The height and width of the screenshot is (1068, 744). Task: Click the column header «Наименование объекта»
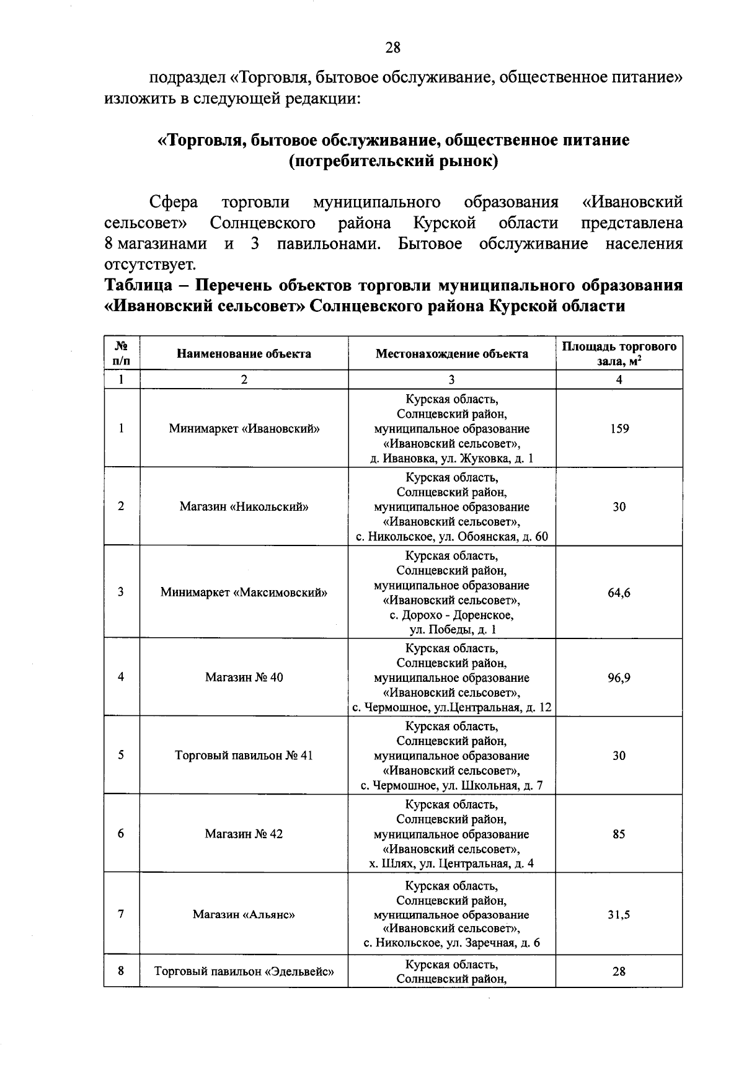point(244,354)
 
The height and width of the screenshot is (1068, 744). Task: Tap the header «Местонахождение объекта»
point(452,354)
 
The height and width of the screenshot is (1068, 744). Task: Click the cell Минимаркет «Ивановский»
point(244,428)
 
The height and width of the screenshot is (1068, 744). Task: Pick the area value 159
point(619,428)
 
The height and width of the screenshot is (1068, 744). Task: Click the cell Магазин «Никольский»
point(244,506)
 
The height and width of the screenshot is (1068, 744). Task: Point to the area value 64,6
point(619,593)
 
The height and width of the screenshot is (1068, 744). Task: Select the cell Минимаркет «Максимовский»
point(244,593)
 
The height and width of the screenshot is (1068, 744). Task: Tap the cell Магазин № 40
point(244,677)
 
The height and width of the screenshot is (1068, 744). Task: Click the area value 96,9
point(619,677)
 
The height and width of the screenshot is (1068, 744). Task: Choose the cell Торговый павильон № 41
point(244,756)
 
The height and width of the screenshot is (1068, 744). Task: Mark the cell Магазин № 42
point(244,834)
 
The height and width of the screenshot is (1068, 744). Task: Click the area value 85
point(619,834)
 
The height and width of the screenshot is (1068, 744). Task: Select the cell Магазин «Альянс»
point(244,914)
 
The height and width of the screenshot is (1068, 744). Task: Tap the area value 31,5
point(619,914)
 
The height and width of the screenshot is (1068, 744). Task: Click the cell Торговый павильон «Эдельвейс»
point(244,971)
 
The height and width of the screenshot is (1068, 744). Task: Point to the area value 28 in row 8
point(619,971)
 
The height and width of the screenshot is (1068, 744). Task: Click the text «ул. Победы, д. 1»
point(452,630)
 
